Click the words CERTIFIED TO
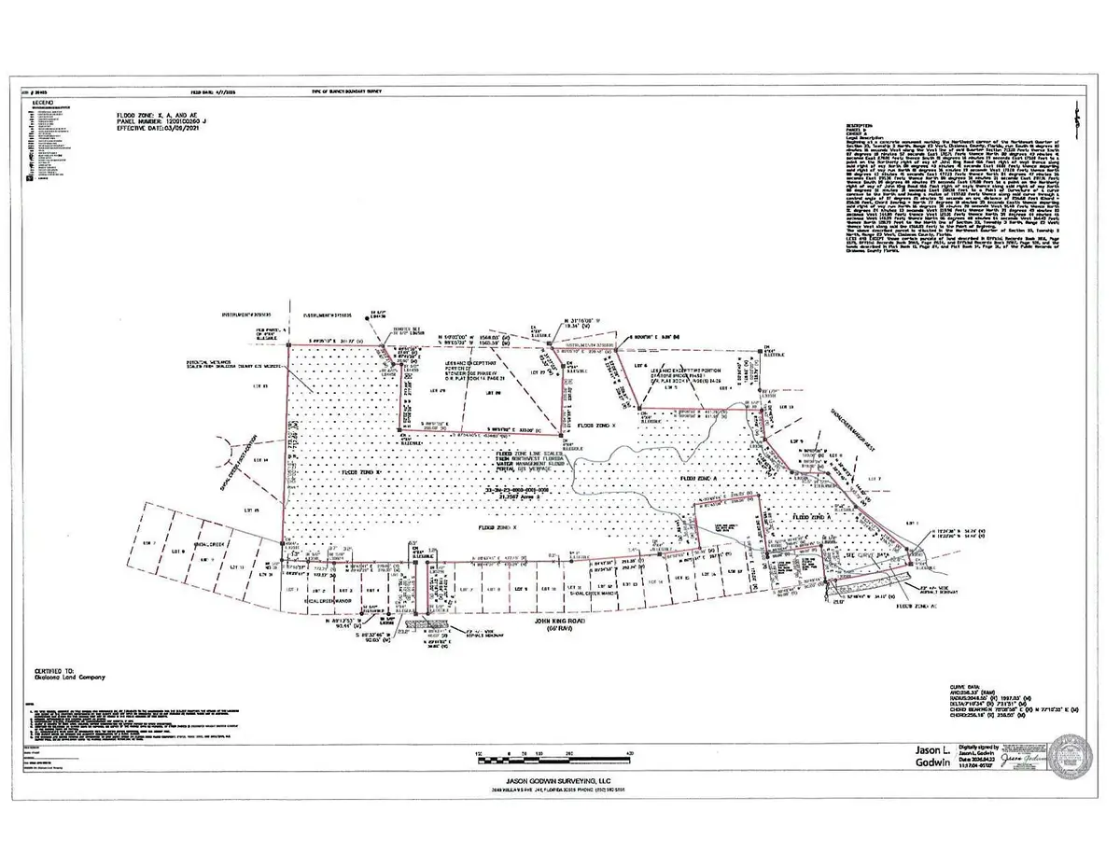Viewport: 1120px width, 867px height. tap(54, 670)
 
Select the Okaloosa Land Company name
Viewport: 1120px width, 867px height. tap(71, 678)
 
